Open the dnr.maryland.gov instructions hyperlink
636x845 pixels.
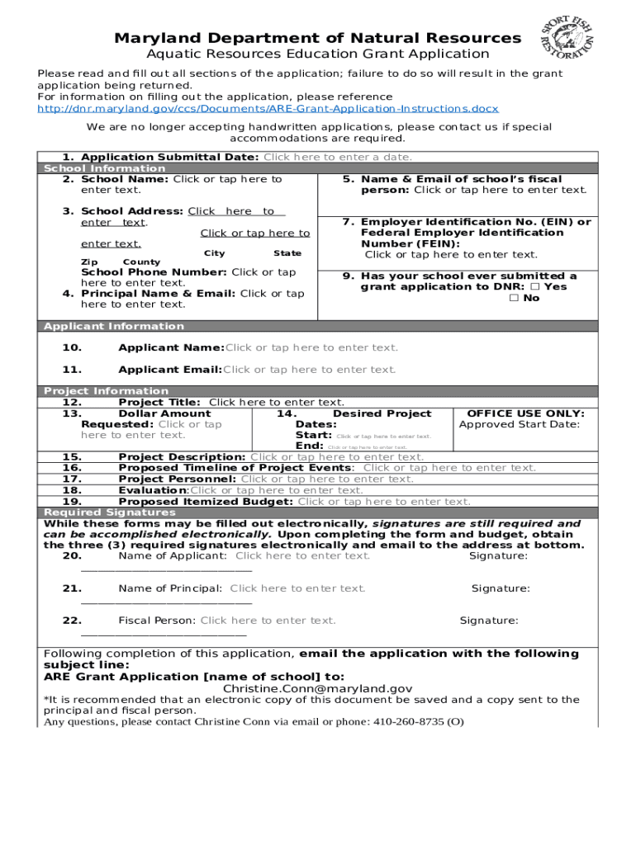[x=268, y=109]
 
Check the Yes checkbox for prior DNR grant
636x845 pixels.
[x=534, y=287]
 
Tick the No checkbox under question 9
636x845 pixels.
[x=514, y=298]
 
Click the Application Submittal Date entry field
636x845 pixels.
[x=337, y=158]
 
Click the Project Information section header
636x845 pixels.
[x=106, y=391]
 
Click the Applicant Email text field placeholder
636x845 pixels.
[x=310, y=370]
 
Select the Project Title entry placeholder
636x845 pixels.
[x=276, y=403]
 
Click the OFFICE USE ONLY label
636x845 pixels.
[x=525, y=413]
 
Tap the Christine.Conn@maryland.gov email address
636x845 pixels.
[x=317, y=688]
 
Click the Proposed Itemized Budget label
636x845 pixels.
[x=206, y=502]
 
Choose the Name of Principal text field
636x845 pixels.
[x=297, y=588]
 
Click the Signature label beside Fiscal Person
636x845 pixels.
[x=489, y=621]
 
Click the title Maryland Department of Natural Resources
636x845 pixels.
[x=317, y=38]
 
